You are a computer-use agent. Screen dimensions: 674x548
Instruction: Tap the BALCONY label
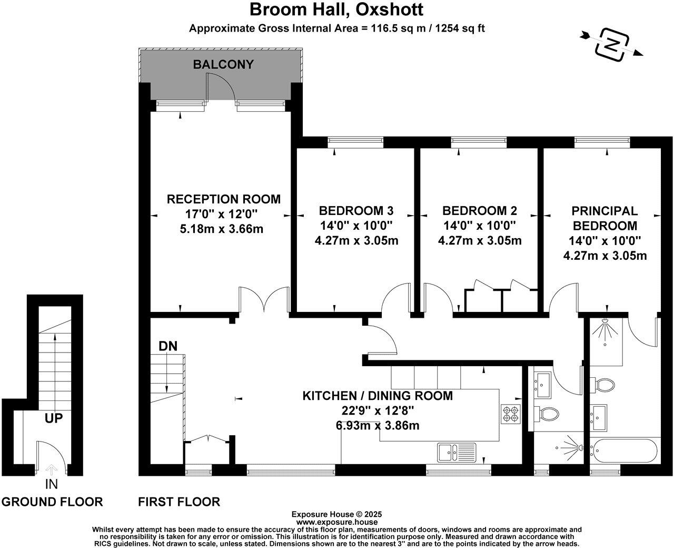pyautogui.click(x=223, y=65)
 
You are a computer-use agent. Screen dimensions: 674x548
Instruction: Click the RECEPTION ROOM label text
pyautogui.click(x=223, y=199)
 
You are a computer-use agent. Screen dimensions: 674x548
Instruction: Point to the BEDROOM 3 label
pyautogui.click(x=356, y=211)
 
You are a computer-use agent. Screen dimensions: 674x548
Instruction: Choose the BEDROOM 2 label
pyautogui.click(x=479, y=211)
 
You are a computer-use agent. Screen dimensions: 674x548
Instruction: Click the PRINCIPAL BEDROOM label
pyautogui.click(x=604, y=218)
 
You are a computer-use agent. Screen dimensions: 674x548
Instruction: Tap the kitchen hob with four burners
pyautogui.click(x=510, y=414)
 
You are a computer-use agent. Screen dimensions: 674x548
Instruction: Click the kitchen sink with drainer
pyautogui.click(x=457, y=452)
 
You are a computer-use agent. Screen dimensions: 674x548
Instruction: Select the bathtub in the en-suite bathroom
pyautogui.click(x=623, y=451)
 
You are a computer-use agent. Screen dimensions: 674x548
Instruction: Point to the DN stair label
pyautogui.click(x=167, y=346)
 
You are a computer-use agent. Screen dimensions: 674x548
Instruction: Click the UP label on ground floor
pyautogui.click(x=54, y=418)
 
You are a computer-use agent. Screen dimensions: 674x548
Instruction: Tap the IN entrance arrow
pyautogui.click(x=51, y=471)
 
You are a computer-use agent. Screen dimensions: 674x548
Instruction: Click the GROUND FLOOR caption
pyautogui.click(x=52, y=502)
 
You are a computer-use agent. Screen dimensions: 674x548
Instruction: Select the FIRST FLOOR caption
pyautogui.click(x=179, y=502)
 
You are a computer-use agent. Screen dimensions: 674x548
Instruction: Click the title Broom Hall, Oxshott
pyautogui.click(x=336, y=10)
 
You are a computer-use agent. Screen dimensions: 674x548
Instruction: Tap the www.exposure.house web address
pyautogui.click(x=336, y=522)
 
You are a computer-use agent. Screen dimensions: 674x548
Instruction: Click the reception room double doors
pyautogui.click(x=264, y=300)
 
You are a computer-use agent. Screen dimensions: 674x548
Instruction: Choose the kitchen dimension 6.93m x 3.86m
pyautogui.click(x=378, y=425)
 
